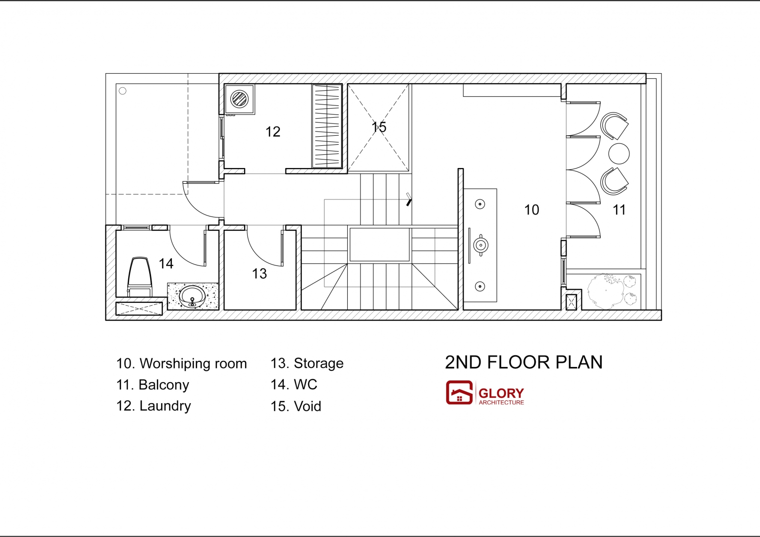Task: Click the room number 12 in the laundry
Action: click(x=273, y=132)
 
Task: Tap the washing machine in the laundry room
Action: click(x=239, y=99)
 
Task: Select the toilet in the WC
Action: click(x=139, y=277)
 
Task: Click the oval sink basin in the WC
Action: click(x=192, y=296)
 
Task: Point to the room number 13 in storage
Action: click(x=259, y=273)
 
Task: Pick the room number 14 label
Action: click(x=166, y=264)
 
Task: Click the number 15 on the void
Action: click(x=379, y=127)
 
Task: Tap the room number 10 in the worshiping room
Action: click(x=532, y=210)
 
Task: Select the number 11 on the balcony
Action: click(x=619, y=210)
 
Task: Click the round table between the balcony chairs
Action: click(x=619, y=154)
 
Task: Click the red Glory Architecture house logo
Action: click(x=459, y=393)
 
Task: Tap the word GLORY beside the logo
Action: click(x=501, y=393)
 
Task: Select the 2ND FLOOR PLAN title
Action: click(x=523, y=362)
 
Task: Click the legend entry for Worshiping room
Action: click(x=181, y=364)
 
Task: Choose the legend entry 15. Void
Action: click(x=295, y=406)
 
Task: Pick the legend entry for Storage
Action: click(x=307, y=364)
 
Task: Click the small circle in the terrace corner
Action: click(x=123, y=91)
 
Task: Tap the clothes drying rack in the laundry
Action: click(x=327, y=126)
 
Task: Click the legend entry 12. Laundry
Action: click(x=153, y=406)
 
